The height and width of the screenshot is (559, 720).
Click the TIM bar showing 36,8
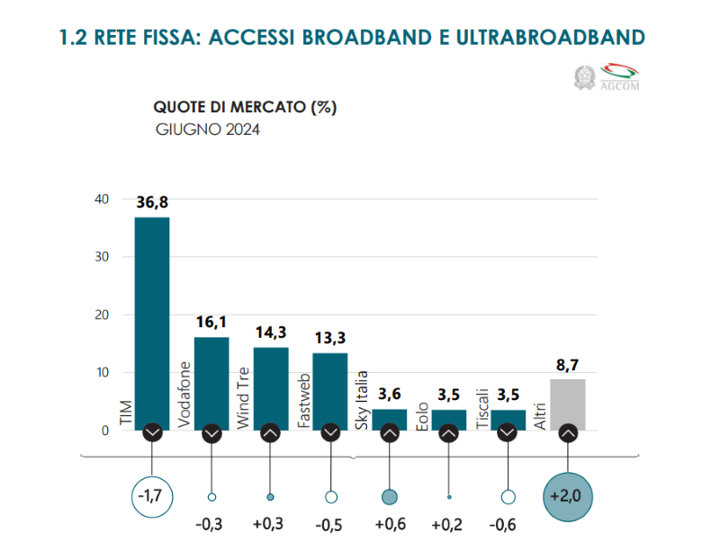(x=152, y=324)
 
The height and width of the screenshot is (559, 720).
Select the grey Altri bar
(x=568, y=404)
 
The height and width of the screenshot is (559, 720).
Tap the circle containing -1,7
(x=152, y=496)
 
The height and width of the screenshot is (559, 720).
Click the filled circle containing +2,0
(x=568, y=496)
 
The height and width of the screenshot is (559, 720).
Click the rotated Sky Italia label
(x=363, y=400)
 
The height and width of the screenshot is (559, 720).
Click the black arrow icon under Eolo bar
(x=449, y=433)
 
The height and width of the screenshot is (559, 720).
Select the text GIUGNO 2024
(x=208, y=129)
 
